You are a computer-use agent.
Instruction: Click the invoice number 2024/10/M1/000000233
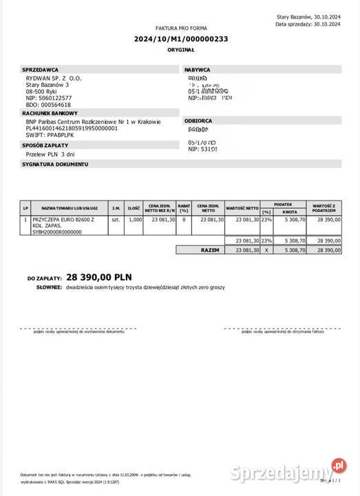pos(181,39)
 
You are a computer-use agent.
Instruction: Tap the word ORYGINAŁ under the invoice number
pos(181,51)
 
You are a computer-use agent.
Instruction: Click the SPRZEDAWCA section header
pos(41,70)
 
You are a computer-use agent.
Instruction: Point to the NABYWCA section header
pos(198,70)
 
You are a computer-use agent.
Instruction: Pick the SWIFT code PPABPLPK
pos(63,135)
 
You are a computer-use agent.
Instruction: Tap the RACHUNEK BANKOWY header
pos(50,113)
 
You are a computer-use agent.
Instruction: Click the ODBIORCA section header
pos(198,121)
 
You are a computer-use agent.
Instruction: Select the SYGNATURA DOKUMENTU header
pos(56,165)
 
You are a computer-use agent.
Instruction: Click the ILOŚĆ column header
pos(134,207)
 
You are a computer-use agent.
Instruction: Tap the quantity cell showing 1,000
pos(135,219)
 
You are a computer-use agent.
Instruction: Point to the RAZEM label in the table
pos(210,250)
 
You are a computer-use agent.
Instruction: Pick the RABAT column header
pos(184,207)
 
